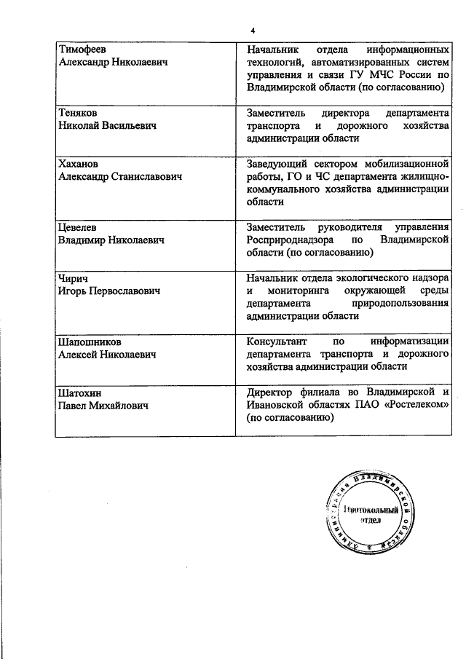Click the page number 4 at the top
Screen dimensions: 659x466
click(x=253, y=30)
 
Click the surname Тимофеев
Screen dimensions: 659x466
click(x=82, y=50)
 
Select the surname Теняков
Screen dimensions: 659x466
click(x=77, y=113)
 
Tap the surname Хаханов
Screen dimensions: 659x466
click(x=78, y=164)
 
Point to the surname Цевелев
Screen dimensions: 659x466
click(x=77, y=227)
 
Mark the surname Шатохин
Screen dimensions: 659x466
click(x=80, y=392)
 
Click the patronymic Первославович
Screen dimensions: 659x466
click(x=123, y=291)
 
